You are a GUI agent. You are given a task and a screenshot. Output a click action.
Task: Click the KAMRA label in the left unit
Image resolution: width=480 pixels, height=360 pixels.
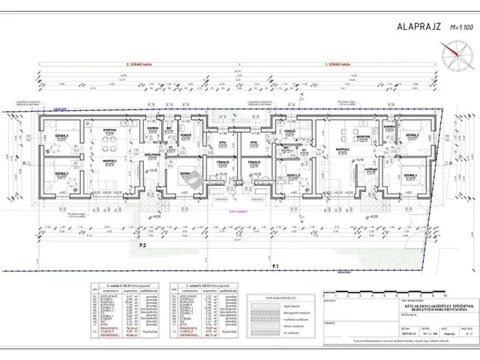[151, 127]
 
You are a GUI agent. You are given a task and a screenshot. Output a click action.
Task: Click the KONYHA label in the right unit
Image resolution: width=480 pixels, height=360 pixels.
[363, 136]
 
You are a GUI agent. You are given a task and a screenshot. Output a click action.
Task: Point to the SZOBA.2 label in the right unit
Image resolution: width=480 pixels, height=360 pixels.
[412, 135]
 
